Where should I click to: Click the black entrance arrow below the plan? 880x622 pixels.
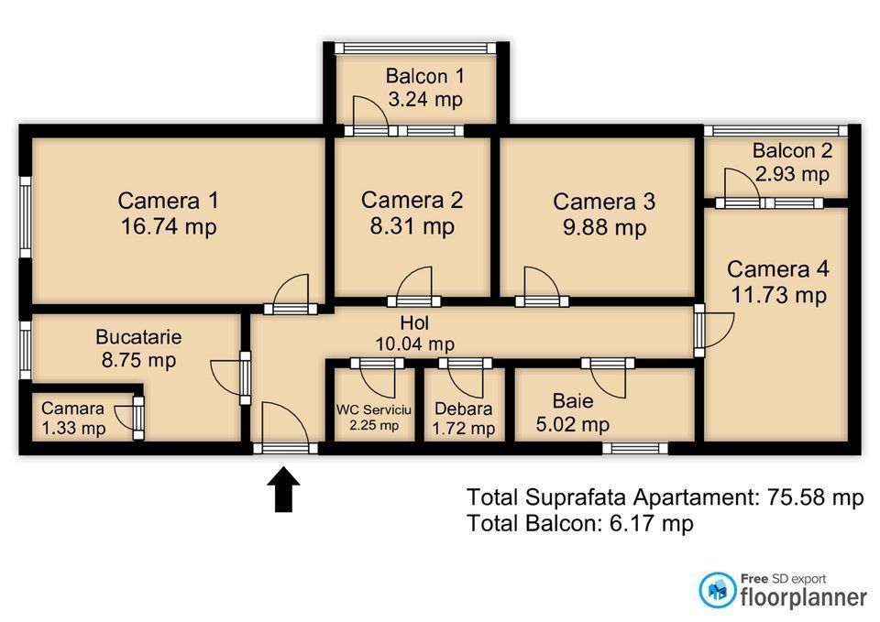pyautogui.click(x=283, y=489)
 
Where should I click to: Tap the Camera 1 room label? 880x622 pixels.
pyautogui.click(x=168, y=201)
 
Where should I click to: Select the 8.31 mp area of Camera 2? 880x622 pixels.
pyautogui.click(x=412, y=226)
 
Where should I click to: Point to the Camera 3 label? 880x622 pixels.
pyautogui.click(x=604, y=202)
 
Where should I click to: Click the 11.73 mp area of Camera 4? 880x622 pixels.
pyautogui.click(x=778, y=294)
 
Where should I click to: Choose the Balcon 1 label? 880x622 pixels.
pyautogui.click(x=424, y=76)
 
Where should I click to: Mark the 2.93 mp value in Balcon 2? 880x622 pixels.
pyautogui.click(x=792, y=173)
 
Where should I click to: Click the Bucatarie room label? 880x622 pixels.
pyautogui.click(x=138, y=336)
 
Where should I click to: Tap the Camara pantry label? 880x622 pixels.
pyautogui.click(x=72, y=409)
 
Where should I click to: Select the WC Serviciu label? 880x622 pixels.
pyautogui.click(x=374, y=409)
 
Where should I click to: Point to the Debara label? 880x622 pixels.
pyautogui.click(x=464, y=409)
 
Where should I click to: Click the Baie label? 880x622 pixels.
pyautogui.click(x=572, y=400)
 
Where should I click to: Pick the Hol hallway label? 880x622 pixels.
pyautogui.click(x=414, y=322)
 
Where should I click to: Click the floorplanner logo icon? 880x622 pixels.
pyautogui.click(x=717, y=589)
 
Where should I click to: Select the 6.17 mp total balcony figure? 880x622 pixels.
pyautogui.click(x=651, y=523)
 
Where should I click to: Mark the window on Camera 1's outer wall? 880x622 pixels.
pyautogui.click(x=26, y=217)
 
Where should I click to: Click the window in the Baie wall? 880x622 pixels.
pyautogui.click(x=635, y=448)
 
